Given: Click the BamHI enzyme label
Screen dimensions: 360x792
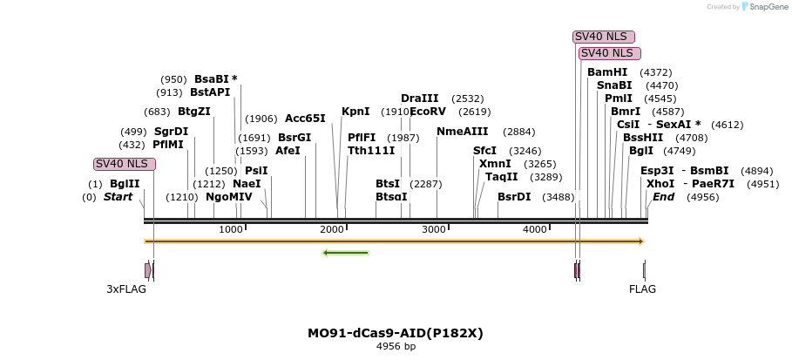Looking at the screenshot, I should click(606, 72).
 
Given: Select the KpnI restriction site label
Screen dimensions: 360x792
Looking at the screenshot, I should click(355, 112).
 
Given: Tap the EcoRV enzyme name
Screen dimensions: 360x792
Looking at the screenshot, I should click(427, 112).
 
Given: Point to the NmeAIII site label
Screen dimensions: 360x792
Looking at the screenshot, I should click(463, 132).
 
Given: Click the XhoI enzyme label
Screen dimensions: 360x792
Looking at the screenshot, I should click(660, 184).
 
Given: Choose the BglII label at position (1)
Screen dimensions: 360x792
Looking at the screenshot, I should click(125, 184).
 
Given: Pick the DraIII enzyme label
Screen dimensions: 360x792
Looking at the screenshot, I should click(420, 98).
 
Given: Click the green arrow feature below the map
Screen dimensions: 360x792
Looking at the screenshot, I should click(345, 253).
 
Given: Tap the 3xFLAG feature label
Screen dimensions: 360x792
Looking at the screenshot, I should click(126, 289).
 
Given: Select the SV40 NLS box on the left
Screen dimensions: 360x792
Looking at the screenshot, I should click(125, 164).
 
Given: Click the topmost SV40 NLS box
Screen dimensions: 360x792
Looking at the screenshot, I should click(603, 37).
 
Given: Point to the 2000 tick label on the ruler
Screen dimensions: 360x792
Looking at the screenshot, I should click(332, 229).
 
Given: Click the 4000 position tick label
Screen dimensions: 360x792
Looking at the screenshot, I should click(535, 229).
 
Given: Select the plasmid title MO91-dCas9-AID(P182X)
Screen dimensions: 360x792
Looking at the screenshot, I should click(396, 333).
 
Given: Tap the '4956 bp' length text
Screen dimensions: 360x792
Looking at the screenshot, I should click(396, 347).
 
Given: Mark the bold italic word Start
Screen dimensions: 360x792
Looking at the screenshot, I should click(118, 197).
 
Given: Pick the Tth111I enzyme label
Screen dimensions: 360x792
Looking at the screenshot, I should click(371, 151).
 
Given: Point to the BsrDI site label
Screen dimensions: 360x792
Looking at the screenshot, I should click(514, 197).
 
